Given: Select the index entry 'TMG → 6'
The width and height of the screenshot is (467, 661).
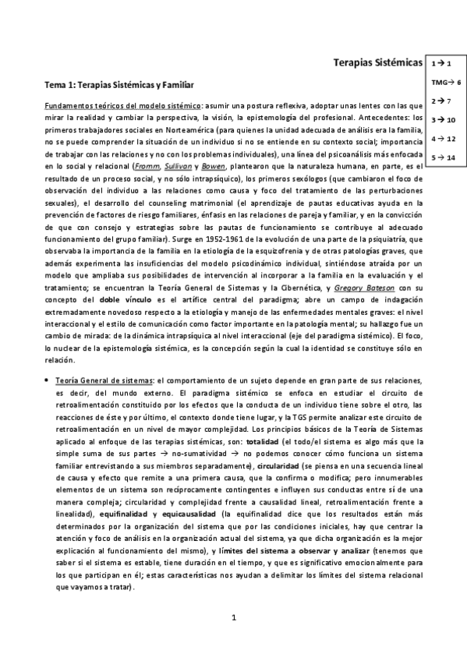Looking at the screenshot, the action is pos(445,81).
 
